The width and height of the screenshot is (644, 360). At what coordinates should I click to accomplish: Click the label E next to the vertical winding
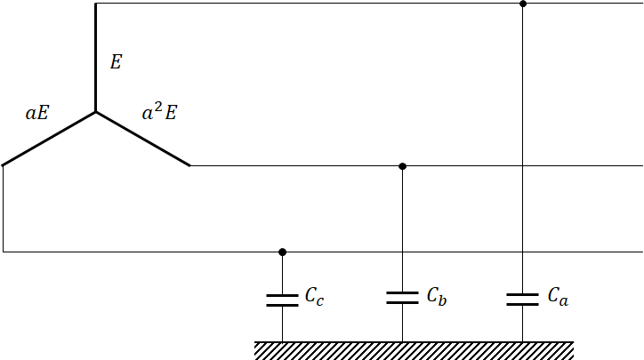click(116, 62)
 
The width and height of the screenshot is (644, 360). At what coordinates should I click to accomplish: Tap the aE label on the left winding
click(37, 114)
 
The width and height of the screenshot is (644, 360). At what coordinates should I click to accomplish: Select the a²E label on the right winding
click(160, 113)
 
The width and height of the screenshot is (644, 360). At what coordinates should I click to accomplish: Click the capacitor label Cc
click(314, 297)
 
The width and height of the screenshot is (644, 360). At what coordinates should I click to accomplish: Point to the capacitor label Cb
click(436, 296)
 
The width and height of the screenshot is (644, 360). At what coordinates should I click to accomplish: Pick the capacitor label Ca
click(557, 296)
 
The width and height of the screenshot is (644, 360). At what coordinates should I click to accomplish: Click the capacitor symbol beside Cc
click(282, 300)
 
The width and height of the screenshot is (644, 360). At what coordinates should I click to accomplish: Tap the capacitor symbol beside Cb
click(402, 297)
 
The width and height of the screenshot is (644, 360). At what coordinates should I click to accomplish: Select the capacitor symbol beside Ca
click(522, 298)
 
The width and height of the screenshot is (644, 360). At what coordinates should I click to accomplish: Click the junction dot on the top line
click(523, 4)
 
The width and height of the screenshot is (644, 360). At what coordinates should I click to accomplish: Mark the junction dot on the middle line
click(402, 166)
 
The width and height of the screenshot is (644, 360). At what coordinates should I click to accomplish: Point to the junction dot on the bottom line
click(282, 252)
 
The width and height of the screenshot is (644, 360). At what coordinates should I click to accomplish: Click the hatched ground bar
click(414, 350)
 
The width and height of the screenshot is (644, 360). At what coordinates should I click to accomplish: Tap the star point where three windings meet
click(96, 112)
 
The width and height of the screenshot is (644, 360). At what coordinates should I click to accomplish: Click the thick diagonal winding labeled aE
click(49, 139)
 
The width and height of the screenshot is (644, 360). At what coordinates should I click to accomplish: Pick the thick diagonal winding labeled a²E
click(142, 139)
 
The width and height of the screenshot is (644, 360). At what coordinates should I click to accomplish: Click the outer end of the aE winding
click(4, 164)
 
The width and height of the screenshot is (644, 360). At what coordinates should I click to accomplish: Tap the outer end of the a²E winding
click(189, 165)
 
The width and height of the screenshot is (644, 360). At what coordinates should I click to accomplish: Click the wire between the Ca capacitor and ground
click(522, 324)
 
